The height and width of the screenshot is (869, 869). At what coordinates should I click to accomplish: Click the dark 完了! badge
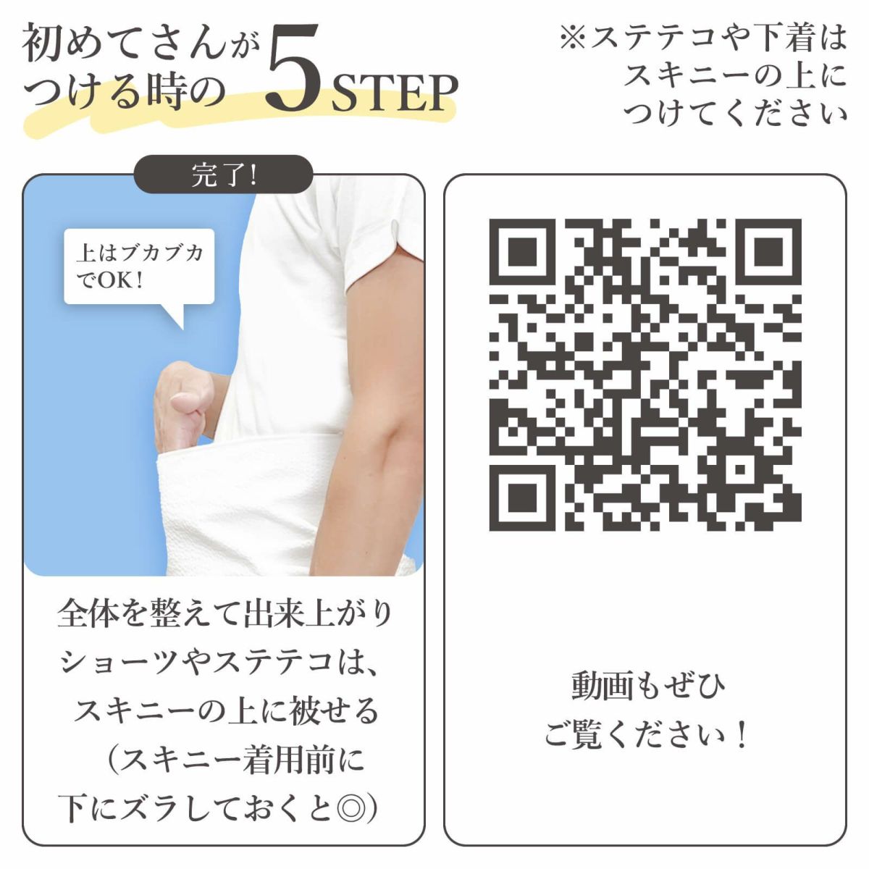(x=223, y=175)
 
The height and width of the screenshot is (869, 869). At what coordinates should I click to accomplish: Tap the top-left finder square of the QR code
(x=521, y=251)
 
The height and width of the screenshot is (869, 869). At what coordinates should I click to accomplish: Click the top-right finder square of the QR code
(x=768, y=251)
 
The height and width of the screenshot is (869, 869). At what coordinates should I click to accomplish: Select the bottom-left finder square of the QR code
(x=521, y=498)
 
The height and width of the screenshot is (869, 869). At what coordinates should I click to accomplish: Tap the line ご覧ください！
(x=646, y=736)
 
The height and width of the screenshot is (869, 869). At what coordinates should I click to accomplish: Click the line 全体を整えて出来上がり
(x=224, y=615)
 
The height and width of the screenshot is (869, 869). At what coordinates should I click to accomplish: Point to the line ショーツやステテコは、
(x=219, y=663)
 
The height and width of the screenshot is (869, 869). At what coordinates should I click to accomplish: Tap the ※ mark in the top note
(x=573, y=38)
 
